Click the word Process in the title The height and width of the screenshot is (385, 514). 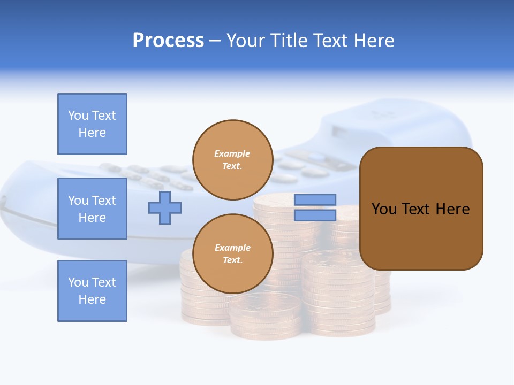click(x=168, y=41)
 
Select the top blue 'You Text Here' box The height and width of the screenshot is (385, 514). click(x=92, y=124)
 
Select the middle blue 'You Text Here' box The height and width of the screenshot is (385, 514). click(x=92, y=209)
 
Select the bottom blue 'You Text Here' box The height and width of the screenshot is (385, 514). click(x=92, y=291)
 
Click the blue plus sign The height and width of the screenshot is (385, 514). click(x=165, y=207)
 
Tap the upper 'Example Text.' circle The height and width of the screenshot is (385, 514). click(x=232, y=160)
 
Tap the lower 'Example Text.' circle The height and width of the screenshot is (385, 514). click(x=232, y=254)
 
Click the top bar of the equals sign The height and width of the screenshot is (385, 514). click(x=315, y=199)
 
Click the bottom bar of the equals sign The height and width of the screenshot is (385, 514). click(x=315, y=215)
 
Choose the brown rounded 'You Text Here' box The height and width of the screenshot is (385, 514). click(x=421, y=209)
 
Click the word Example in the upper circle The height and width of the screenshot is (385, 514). click(x=232, y=154)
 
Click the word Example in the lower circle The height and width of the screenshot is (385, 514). click(x=232, y=248)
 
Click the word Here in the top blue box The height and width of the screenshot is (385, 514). click(x=92, y=133)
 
